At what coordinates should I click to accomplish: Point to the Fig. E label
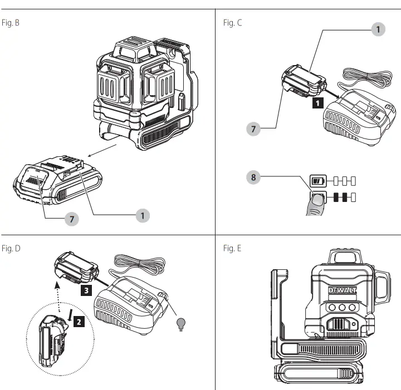[232, 248]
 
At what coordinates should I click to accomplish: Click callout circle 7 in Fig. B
[71, 219]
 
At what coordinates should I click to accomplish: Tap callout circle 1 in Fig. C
[378, 29]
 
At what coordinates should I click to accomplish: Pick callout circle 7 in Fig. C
[254, 129]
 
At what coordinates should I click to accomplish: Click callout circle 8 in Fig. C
[254, 179]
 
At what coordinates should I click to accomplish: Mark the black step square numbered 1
[317, 102]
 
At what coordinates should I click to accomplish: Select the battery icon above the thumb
[317, 181]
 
